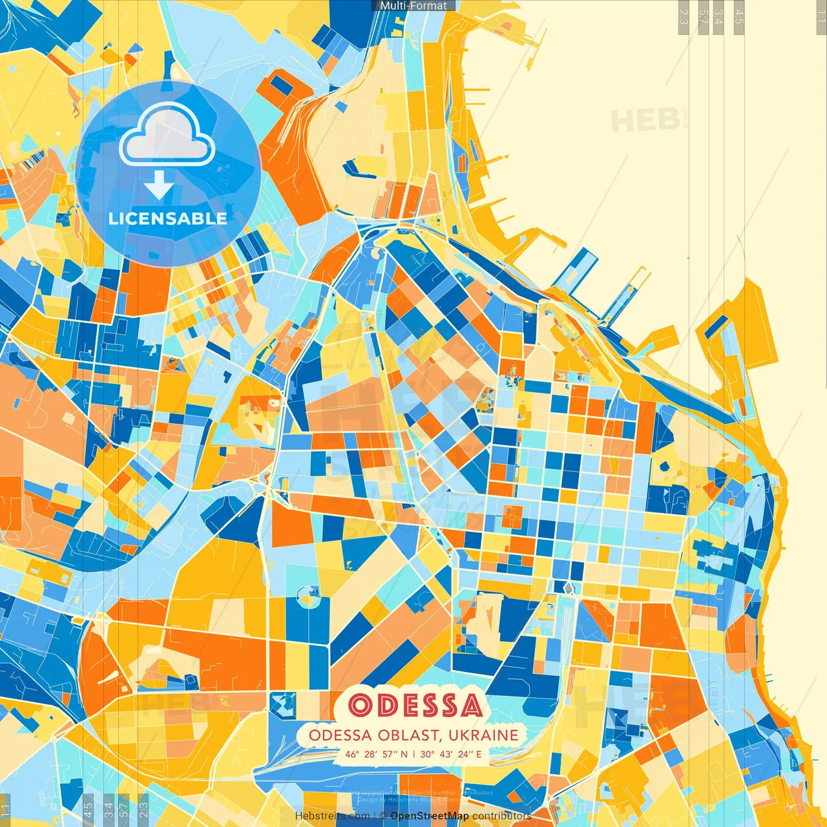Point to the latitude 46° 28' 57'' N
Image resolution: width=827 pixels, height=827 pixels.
pyautogui.click(x=376, y=754)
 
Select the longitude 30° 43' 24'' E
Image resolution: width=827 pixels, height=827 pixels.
pyautogui.click(x=451, y=754)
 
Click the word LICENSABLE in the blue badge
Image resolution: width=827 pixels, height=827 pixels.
pyautogui.click(x=168, y=218)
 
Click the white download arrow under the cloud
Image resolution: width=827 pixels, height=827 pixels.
pyautogui.click(x=158, y=186)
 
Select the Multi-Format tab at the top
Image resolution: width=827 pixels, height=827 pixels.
pyautogui.click(x=413, y=6)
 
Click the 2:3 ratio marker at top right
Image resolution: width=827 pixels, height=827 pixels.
pyautogui.click(x=683, y=17)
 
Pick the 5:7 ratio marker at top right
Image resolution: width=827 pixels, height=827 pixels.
pyautogui.click(x=703, y=17)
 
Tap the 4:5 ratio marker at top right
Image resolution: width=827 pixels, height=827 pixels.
pyautogui.click(x=739, y=17)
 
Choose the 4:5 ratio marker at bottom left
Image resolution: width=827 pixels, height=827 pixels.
pyautogui.click(x=89, y=808)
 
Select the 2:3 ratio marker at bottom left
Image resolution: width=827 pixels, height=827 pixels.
pyautogui.click(x=143, y=808)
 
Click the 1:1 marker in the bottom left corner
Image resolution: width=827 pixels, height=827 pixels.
pyautogui.click(x=5, y=810)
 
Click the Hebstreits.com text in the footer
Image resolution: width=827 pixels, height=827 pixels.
pyautogui.click(x=332, y=816)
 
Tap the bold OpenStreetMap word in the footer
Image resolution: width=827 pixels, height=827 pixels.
pyautogui.click(x=430, y=816)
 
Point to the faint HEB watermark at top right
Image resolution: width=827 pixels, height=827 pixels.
pyautogui.click(x=645, y=121)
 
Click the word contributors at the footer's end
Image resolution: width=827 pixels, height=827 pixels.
pyautogui.click(x=502, y=816)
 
